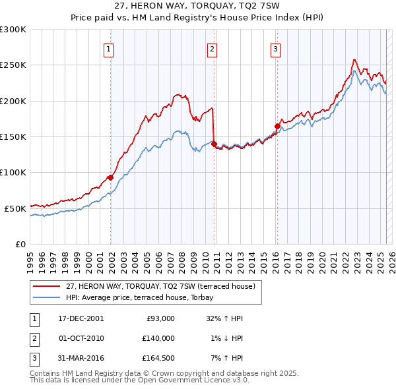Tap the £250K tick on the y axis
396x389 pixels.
[13, 65]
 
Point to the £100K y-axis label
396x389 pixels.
[13, 172]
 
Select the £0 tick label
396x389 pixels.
[20, 244]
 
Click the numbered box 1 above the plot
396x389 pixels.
[108, 48]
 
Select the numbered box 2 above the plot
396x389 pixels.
[212, 48]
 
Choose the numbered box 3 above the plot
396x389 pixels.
[275, 48]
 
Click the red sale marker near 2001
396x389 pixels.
[110, 177]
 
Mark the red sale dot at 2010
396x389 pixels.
[214, 144]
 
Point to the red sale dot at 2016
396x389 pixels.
[277, 127]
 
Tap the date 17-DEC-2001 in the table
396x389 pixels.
[81, 318]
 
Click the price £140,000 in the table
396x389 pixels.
[159, 338]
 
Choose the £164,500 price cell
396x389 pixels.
[159, 359]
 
